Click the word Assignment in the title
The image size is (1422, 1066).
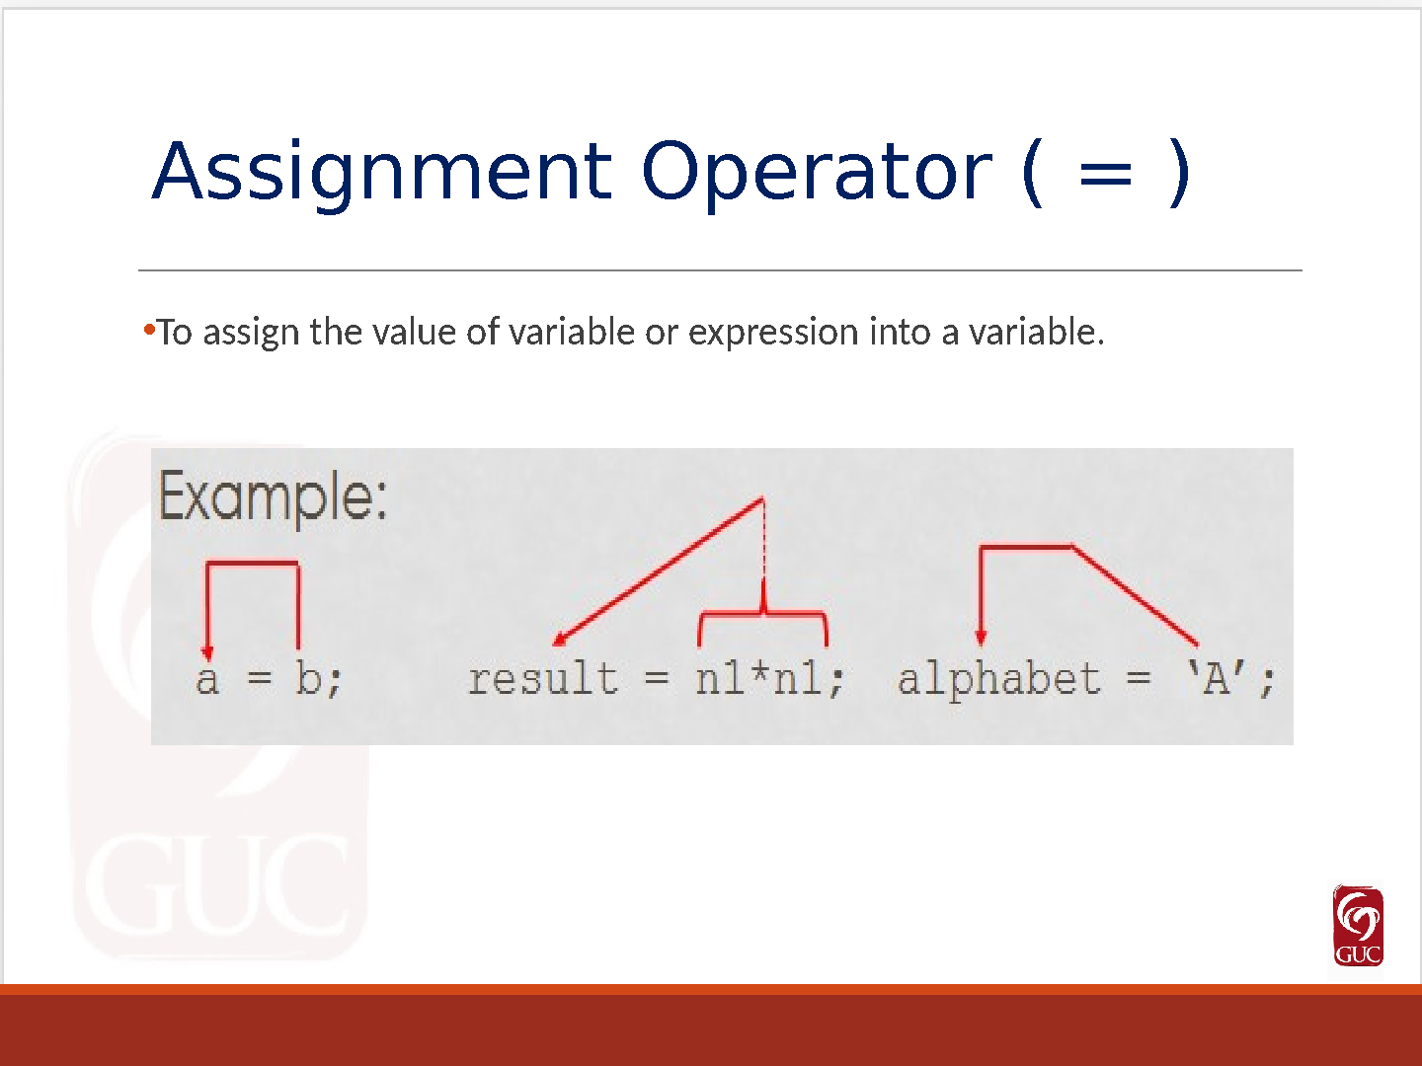(x=382, y=173)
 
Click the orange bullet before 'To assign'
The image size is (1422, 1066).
(x=150, y=330)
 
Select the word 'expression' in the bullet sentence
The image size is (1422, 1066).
(x=773, y=334)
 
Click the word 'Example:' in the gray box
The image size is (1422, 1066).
(x=273, y=497)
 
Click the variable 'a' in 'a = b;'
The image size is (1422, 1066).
(x=207, y=680)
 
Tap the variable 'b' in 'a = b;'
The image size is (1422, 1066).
(x=308, y=678)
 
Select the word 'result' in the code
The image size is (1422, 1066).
(x=543, y=678)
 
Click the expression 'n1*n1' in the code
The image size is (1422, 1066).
(x=760, y=679)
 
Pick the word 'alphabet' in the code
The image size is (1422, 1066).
(x=999, y=681)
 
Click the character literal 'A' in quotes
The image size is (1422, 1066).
(x=1216, y=678)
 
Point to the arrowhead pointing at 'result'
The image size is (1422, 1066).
(x=560, y=641)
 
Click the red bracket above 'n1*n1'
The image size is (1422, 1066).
(x=763, y=612)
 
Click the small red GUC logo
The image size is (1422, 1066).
(x=1358, y=926)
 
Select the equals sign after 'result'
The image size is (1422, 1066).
(x=656, y=679)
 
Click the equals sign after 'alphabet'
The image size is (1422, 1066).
(x=1138, y=679)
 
